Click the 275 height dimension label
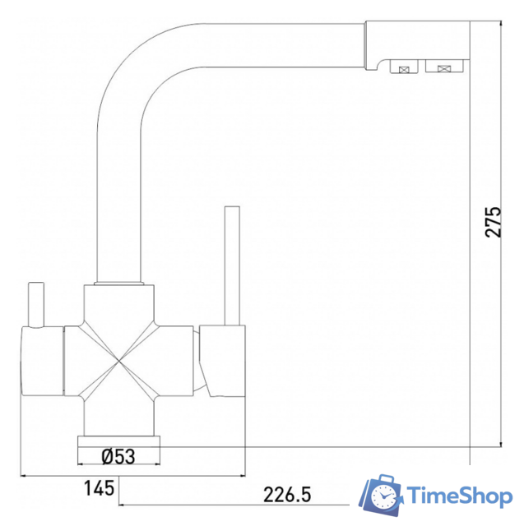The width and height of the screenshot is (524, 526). point(493,222)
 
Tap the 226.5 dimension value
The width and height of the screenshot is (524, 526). point(287,495)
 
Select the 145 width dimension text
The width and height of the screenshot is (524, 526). point(99,488)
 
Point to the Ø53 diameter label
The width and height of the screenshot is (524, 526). point(118,456)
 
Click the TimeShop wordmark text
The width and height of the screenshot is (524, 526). point(460,496)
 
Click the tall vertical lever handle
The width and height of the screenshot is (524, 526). point(232,265)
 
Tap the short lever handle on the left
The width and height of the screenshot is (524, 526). point(36,304)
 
